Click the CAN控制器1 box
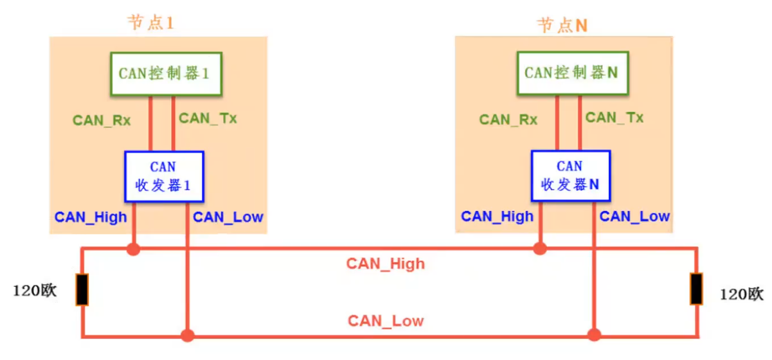165,74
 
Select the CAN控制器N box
571,73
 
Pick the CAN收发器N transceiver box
570,176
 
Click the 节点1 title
151,23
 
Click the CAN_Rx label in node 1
102,120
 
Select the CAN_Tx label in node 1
208,118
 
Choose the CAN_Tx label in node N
615,118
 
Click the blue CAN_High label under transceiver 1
91,217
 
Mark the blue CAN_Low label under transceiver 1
228,217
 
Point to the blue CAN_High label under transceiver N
497,216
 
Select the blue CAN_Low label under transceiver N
634,216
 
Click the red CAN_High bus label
386,264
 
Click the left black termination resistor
82,290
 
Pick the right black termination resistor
696,289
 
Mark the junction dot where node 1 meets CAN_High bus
133,249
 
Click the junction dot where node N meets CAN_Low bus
594,334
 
